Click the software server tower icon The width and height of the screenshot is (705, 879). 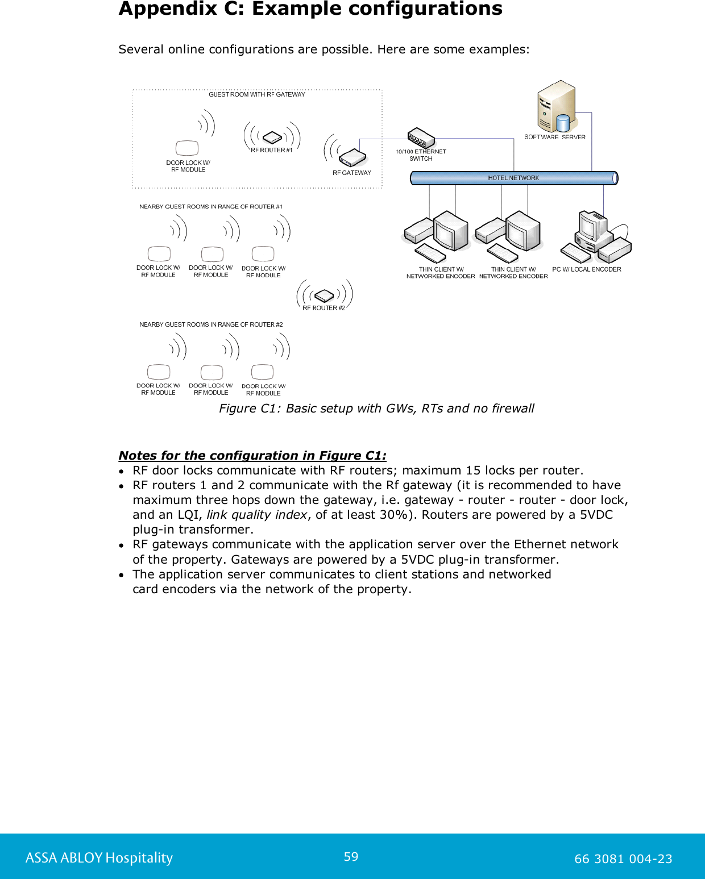click(557, 106)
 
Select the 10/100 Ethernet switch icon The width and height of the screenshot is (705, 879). click(421, 138)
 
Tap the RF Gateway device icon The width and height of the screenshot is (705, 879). click(353, 156)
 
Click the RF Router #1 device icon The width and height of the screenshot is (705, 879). click(272, 137)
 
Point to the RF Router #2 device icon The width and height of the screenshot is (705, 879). click(324, 295)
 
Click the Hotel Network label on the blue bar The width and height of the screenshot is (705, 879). click(513, 178)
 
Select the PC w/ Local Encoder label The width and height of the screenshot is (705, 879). click(586, 269)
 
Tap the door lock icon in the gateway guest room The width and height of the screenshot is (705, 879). click(187, 148)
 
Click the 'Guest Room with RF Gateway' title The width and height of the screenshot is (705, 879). click(256, 94)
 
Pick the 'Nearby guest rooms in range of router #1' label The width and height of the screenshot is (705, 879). click(211, 207)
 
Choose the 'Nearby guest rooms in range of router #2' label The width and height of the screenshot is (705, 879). click(211, 324)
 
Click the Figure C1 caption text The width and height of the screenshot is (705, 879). click(376, 409)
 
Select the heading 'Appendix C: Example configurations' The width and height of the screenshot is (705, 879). click(310, 9)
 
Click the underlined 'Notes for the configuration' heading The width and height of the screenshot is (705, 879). click(252, 456)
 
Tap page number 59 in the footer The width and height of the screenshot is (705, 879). click(351, 857)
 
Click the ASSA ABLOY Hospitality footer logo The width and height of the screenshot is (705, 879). click(99, 858)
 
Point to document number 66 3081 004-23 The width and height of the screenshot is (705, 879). click(623, 859)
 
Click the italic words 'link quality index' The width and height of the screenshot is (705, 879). click(256, 515)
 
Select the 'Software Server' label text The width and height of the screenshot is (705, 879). click(554, 137)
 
